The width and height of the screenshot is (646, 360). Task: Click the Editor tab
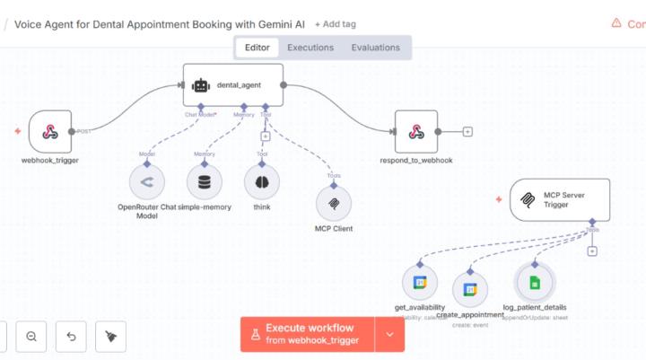[257, 48]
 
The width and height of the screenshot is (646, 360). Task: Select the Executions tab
[310, 48]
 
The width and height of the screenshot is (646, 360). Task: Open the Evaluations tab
[376, 48]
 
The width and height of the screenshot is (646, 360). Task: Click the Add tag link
[335, 24]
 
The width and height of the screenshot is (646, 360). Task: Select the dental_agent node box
[233, 85]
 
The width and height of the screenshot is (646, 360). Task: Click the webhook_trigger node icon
[50, 132]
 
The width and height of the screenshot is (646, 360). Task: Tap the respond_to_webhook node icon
[416, 132]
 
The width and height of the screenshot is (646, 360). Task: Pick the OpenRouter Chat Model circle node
[147, 181]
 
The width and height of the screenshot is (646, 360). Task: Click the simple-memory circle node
[205, 181]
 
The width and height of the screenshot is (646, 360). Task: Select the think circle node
[262, 181]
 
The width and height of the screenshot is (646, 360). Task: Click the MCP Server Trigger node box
[560, 199]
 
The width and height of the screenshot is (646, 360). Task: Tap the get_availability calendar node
[419, 283]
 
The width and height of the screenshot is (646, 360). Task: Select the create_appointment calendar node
[468, 289]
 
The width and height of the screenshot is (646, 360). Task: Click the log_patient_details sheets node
[535, 283]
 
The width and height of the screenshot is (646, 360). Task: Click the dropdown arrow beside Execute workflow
[389, 334]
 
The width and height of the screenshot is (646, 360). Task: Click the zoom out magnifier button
[31, 337]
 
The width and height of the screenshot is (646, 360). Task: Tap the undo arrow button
[71, 337]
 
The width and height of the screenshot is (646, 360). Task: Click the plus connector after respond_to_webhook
[467, 132]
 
